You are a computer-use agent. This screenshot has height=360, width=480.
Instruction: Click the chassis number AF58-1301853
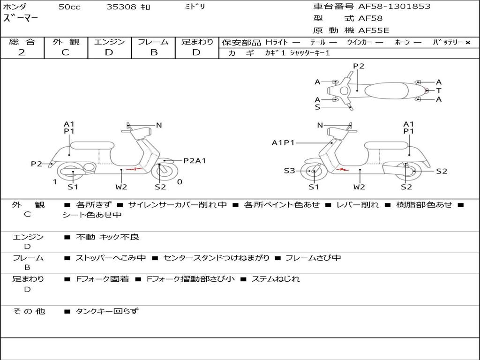click(394, 7)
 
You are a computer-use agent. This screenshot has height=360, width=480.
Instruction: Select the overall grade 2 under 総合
click(22, 52)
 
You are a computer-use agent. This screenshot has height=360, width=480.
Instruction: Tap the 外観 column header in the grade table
click(66, 42)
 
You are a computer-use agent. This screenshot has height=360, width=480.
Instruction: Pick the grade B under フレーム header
click(154, 52)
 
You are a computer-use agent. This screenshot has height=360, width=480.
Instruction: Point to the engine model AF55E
click(374, 30)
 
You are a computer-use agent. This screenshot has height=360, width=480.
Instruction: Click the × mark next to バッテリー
click(468, 43)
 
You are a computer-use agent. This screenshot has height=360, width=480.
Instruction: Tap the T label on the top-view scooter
click(439, 90)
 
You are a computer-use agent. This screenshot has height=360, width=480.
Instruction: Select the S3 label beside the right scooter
click(290, 171)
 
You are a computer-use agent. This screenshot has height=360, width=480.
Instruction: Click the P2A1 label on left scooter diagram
click(195, 161)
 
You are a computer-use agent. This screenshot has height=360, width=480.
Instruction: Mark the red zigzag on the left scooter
click(134, 169)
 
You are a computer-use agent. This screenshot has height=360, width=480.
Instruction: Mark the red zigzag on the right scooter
click(343, 169)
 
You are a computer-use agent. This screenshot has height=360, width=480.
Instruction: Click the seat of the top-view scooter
click(386, 90)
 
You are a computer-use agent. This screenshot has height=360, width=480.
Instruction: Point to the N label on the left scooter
click(159, 125)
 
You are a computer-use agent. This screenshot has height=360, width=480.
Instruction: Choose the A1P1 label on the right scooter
click(283, 142)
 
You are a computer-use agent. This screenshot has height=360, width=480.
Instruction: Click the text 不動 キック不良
click(107, 237)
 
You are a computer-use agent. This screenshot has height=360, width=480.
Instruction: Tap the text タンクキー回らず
click(107, 311)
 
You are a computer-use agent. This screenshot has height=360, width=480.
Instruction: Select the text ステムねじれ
click(276, 279)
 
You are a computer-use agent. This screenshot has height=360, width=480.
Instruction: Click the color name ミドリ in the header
click(195, 7)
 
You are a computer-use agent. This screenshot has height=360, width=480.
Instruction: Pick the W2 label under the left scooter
click(121, 187)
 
